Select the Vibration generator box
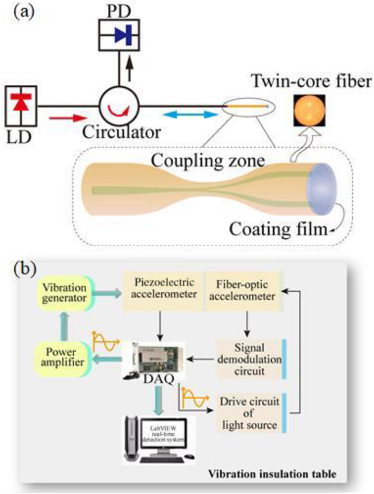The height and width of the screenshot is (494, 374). click(x=65, y=293)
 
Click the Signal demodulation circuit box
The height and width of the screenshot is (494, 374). click(x=249, y=359)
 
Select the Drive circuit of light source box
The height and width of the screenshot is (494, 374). click(x=249, y=413)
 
